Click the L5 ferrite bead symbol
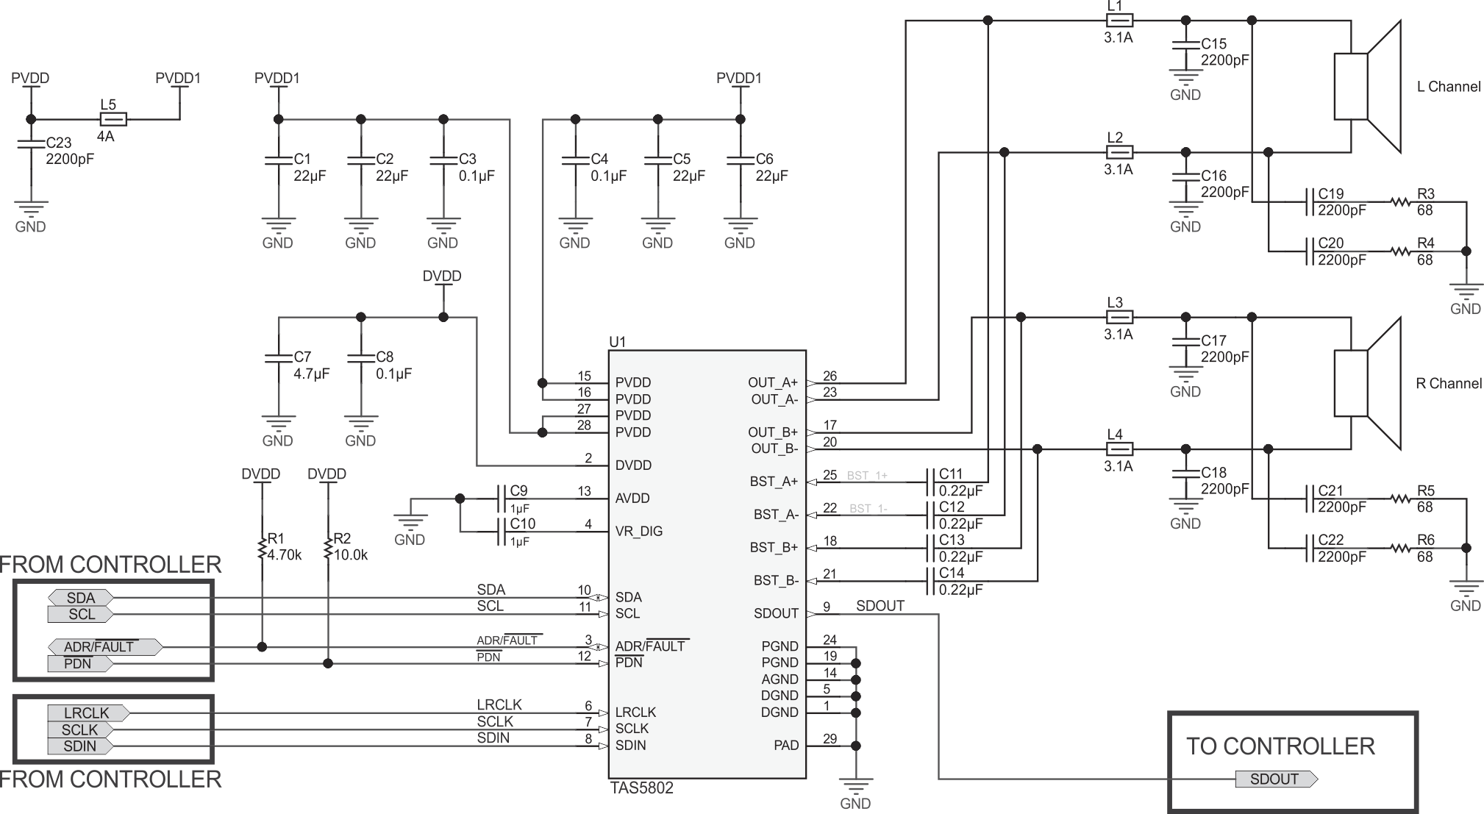(x=113, y=119)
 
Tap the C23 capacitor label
(x=59, y=143)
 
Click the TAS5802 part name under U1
(x=641, y=788)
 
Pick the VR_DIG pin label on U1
(x=638, y=531)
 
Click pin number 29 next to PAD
(x=830, y=739)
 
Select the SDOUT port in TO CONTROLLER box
(x=1275, y=779)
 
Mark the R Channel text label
(x=1448, y=383)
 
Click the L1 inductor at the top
(x=1119, y=21)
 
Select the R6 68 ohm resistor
(x=1401, y=548)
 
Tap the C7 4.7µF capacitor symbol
(x=278, y=359)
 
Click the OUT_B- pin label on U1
(x=774, y=449)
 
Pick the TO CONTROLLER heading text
(x=1280, y=746)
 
